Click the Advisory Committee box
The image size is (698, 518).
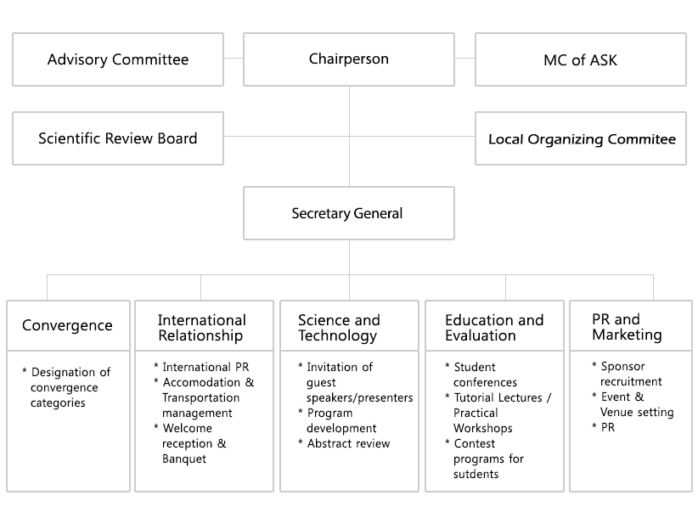tap(118, 59)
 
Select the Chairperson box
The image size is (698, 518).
tap(349, 59)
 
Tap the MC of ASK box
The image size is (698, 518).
tap(581, 59)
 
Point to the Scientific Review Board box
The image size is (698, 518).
tap(118, 138)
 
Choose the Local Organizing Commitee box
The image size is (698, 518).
tap(581, 138)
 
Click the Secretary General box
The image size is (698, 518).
tap(349, 213)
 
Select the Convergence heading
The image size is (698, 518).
tap(67, 325)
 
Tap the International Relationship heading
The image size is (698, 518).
tap(201, 328)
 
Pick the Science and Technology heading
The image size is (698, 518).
tap(339, 328)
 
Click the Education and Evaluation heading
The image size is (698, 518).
tap(494, 328)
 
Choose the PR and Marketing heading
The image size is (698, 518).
tap(627, 327)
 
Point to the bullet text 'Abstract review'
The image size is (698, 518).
tap(348, 443)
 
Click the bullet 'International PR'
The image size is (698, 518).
tap(205, 367)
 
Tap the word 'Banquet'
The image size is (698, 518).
tap(184, 459)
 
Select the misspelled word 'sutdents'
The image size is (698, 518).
tap(476, 474)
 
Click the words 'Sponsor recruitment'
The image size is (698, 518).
tap(631, 374)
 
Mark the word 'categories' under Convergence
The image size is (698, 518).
tap(58, 403)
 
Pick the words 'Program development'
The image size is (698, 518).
tap(341, 420)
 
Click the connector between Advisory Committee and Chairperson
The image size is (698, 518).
tap(234, 59)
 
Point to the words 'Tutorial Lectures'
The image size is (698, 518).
tap(498, 397)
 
